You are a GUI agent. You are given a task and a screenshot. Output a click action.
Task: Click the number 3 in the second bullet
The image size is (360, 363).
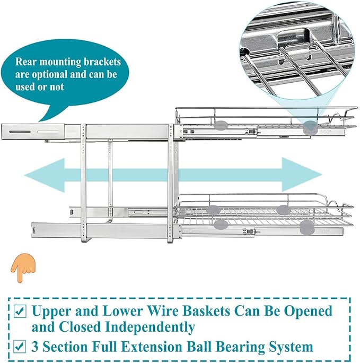point(35,348)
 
